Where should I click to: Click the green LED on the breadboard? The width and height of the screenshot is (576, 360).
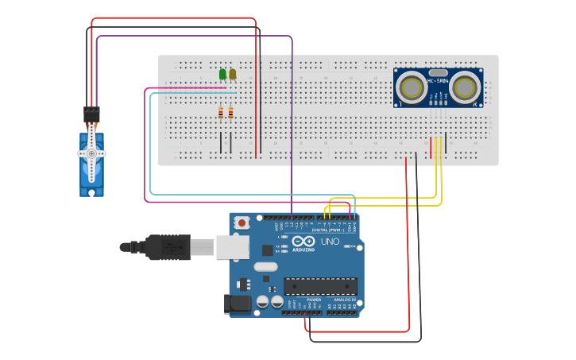point(222,74)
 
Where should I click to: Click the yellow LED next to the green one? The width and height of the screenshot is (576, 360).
point(232,74)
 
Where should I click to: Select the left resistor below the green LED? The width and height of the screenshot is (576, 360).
point(221,113)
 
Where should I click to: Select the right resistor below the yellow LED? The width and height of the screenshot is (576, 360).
point(230,113)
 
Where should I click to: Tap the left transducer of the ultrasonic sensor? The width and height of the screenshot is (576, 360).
point(412,86)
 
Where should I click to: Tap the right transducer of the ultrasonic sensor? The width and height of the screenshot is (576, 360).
point(466,86)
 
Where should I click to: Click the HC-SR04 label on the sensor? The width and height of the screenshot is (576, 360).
point(438,80)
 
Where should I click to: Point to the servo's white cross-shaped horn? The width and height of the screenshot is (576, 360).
point(91,153)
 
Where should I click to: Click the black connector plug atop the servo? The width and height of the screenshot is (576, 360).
point(91,114)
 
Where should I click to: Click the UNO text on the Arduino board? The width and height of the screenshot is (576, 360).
point(330,242)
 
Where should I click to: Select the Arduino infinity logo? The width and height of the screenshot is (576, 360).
point(303,241)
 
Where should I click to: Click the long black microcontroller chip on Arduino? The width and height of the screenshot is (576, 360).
point(320,286)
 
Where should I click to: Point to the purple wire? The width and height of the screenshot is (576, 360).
point(292,119)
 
